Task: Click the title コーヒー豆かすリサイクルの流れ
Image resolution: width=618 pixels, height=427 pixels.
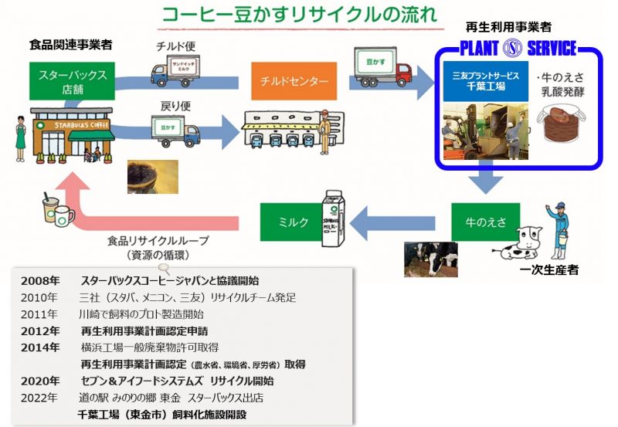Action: coord(297,15)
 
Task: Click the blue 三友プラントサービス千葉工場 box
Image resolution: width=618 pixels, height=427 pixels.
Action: coord(486,83)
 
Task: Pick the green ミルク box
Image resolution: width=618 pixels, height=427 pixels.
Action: coord(294,222)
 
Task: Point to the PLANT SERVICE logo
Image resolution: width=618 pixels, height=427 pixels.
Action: coord(518,49)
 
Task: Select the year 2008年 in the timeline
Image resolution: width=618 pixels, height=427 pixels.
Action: coord(39,280)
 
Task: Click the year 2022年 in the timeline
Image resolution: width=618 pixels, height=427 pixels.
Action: coord(39,398)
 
